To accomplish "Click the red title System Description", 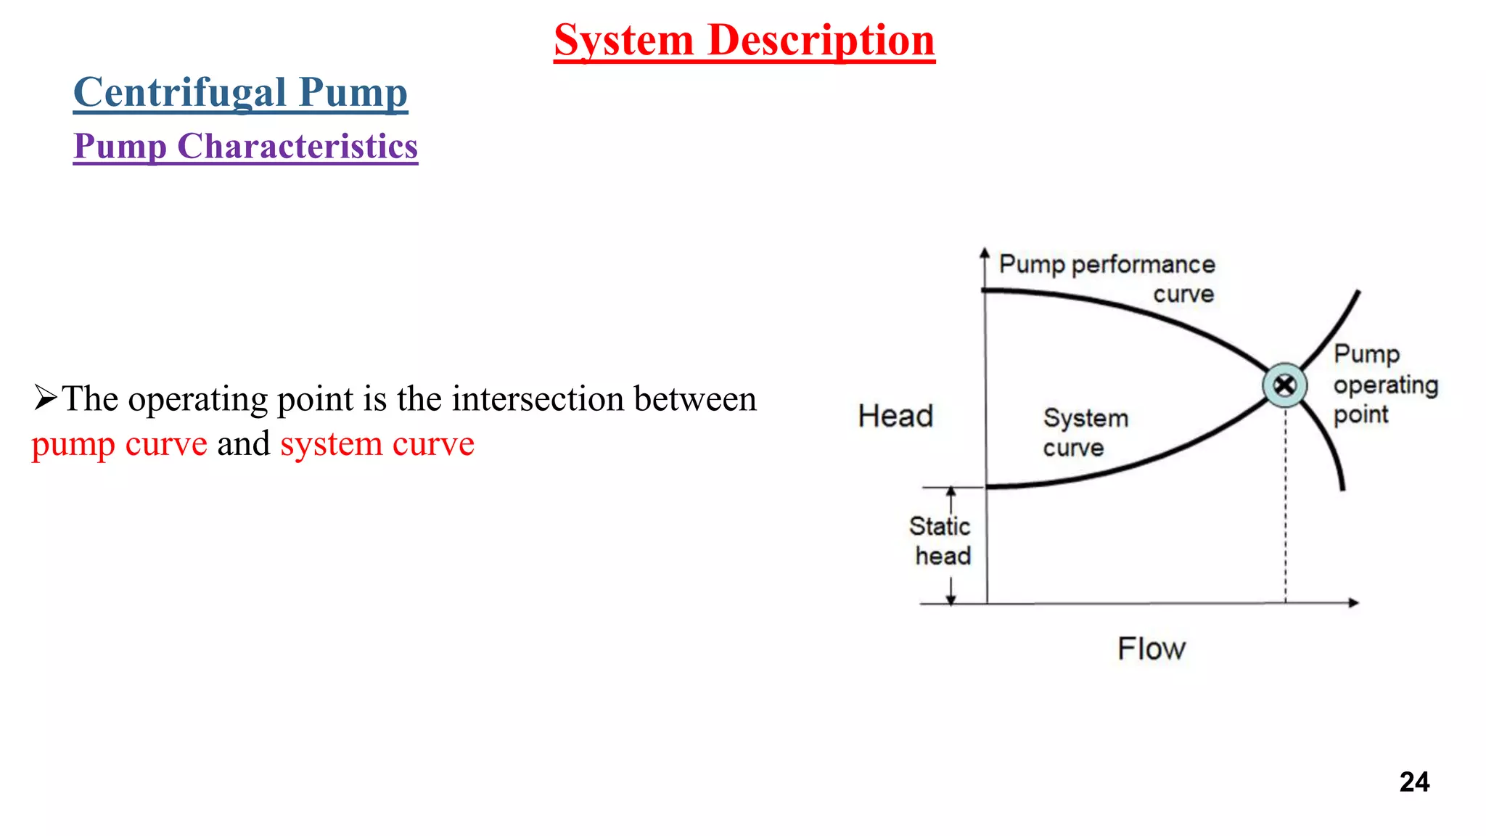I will tap(744, 40).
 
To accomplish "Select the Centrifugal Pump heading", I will tap(240, 93).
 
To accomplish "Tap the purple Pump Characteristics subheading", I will tap(245, 147).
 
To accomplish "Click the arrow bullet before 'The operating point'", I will tap(45, 398).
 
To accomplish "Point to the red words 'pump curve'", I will tap(120, 444).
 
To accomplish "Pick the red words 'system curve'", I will tap(377, 444).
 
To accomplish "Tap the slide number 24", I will tap(1414, 782).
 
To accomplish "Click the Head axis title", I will tap(895, 417).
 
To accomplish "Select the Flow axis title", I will tap(1152, 649).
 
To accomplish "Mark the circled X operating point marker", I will tap(1285, 385).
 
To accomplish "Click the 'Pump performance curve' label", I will tap(1107, 279).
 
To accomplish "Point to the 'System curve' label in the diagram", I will tap(1085, 433).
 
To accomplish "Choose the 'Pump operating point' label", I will tap(1384, 385).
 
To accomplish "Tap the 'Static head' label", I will tap(940, 541).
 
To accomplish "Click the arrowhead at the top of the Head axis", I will tap(985, 253).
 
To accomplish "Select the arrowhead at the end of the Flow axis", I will tap(1353, 602).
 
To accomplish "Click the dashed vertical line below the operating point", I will tap(1286, 508).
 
